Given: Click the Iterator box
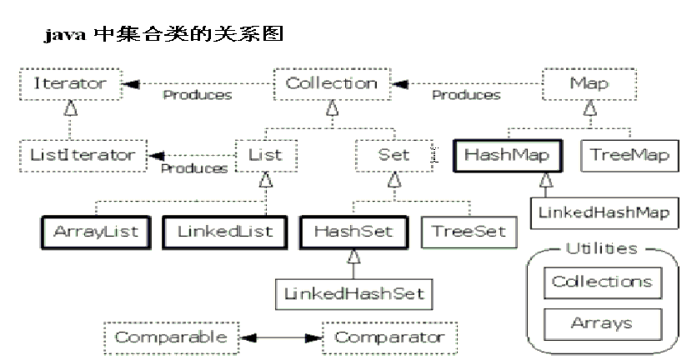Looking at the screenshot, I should point(70,84).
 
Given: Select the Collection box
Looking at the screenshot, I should point(332,84).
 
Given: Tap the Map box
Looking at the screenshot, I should point(589,84).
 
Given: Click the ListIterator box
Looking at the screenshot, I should point(83,156).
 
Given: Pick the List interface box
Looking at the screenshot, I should point(265,156).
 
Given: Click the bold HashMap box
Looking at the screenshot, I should point(508,156).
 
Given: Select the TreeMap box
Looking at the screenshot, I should point(630,156).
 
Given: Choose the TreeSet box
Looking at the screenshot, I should point(468,231).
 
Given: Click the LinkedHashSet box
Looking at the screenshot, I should point(354,292).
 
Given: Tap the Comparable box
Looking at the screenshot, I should point(171,338).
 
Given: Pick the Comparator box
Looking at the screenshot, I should point(389,338).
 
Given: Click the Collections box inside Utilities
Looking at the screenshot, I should point(602,282).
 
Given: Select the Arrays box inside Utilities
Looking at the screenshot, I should point(602,322).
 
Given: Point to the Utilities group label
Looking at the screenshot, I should point(602,248).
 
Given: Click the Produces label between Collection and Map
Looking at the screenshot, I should point(466,95).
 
